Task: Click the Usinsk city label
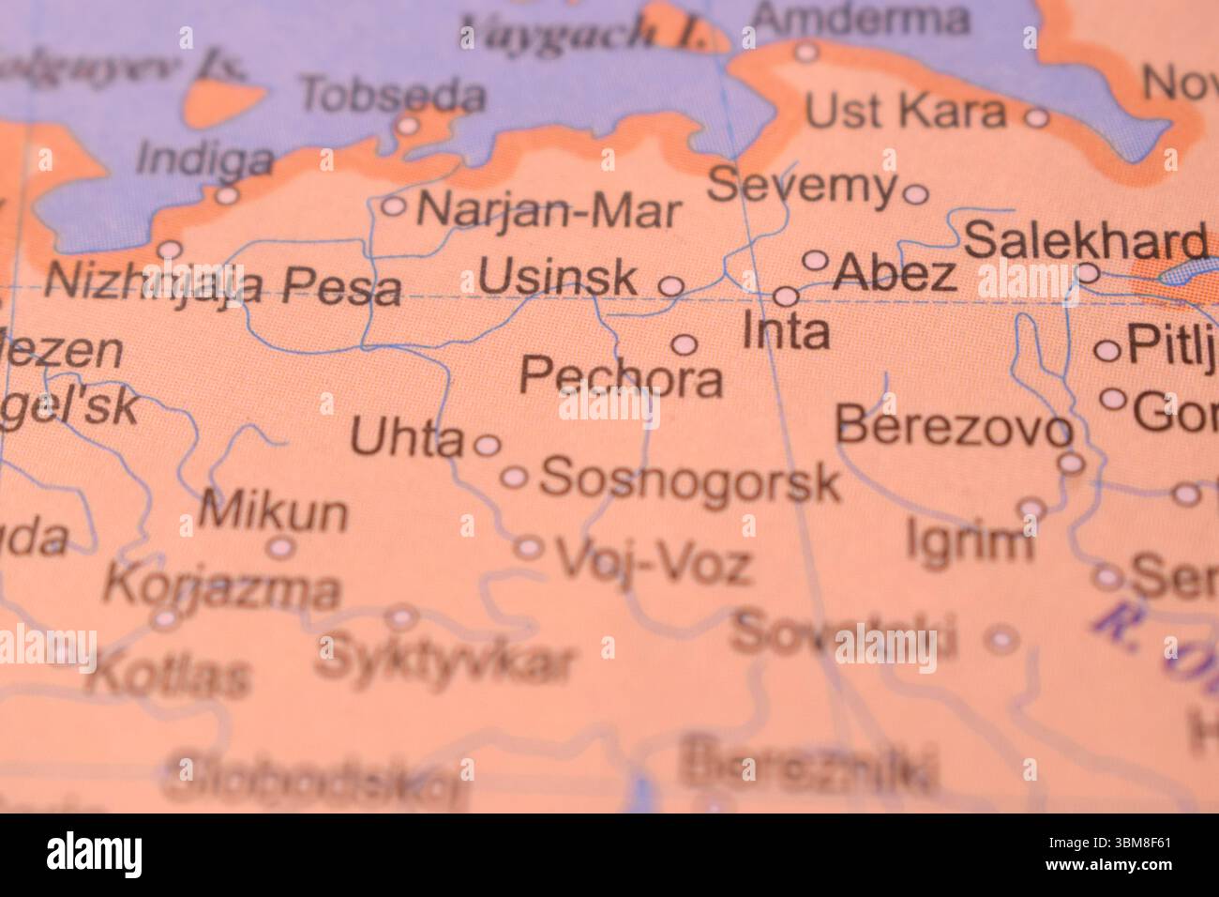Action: coord(558,279)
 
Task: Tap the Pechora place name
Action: coord(622,377)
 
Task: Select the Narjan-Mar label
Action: coord(549,210)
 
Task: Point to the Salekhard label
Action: coord(1085,241)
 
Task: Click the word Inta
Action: coord(786,331)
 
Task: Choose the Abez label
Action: coord(894,273)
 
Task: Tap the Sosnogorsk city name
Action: coord(689,480)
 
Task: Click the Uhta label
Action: coord(407,439)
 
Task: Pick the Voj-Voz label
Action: coord(655,563)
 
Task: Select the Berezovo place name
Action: coord(953,428)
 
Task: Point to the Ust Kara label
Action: coord(905,113)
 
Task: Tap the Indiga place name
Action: coord(204,159)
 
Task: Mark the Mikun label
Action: coord(274,512)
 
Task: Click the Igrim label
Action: coord(970,541)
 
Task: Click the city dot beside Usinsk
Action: coord(671,285)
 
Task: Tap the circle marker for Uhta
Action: coord(487,444)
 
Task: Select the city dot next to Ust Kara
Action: coord(1036,117)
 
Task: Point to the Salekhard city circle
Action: coord(1088,273)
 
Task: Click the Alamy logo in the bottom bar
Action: coord(96,855)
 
